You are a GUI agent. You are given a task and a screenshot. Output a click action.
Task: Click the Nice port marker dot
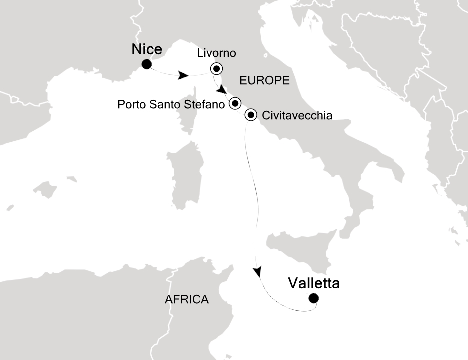click(x=147, y=64)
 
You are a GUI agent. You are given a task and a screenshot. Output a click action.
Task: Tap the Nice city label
click(x=147, y=49)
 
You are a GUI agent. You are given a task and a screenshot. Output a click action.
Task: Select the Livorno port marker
click(x=217, y=68)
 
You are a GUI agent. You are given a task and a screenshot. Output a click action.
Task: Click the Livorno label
click(x=216, y=53)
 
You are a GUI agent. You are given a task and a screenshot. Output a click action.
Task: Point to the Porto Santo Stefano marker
click(x=235, y=103)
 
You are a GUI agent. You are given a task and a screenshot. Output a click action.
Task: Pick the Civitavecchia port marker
click(x=251, y=115)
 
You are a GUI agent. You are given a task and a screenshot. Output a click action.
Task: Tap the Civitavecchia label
click(x=297, y=116)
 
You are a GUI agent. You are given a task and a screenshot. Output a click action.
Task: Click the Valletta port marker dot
click(x=313, y=299)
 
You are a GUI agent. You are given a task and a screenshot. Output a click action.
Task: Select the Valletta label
click(x=314, y=284)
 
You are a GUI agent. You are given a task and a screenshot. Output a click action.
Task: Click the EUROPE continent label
click(x=265, y=80)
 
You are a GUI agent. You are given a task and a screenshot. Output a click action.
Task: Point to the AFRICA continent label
click(x=186, y=300)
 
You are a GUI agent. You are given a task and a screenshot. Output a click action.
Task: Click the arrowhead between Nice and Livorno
click(x=184, y=76)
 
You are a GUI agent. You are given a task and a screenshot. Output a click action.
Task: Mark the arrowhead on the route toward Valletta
click(x=257, y=272)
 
